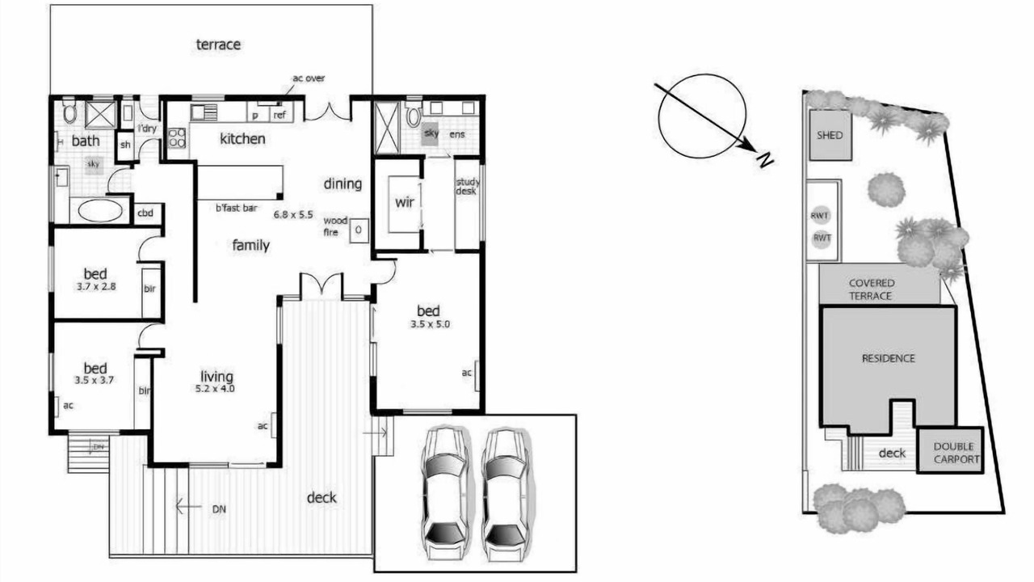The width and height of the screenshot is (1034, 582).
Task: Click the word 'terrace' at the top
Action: [x=218, y=44]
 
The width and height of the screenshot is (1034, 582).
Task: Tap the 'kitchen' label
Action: [x=242, y=138]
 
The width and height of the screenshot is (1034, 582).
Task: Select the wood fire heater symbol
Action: [x=359, y=230]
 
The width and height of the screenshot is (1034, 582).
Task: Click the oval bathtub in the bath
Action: [x=101, y=211]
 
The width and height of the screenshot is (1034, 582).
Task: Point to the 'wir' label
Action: [x=405, y=202]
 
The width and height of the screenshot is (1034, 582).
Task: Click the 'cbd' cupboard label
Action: [x=145, y=213]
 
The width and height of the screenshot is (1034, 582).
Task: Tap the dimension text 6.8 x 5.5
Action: [x=293, y=214]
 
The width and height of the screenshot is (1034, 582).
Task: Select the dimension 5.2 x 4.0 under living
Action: [x=215, y=389]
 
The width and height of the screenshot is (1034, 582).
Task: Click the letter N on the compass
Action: [x=764, y=160]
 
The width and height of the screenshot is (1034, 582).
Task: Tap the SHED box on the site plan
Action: [x=830, y=135]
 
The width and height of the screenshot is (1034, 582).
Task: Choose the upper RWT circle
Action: [x=820, y=215]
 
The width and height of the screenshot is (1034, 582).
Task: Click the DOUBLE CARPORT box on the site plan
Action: [x=951, y=450]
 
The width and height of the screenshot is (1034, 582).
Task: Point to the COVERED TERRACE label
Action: [x=871, y=289]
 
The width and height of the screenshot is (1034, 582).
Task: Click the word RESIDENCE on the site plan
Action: [x=888, y=358]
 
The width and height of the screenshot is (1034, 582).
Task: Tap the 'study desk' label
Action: [x=467, y=186]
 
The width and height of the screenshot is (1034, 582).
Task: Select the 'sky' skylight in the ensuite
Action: [x=431, y=133]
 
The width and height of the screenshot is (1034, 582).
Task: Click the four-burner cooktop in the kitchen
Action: [x=177, y=137]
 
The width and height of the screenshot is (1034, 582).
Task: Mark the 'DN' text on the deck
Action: [x=219, y=509]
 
